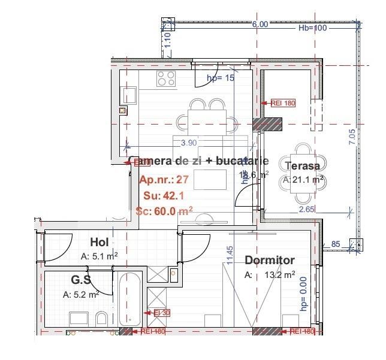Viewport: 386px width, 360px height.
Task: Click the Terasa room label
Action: coord(303,166)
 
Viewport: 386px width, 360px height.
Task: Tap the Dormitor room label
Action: coord(270,261)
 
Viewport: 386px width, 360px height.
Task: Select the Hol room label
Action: coord(99,242)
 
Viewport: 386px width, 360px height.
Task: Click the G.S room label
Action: coord(81,280)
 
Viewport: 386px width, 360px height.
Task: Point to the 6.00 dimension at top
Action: coord(260,25)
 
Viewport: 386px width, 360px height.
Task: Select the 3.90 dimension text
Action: coord(189,143)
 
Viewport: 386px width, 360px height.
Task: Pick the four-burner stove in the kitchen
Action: coord(166,78)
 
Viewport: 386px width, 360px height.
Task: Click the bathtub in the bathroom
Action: coord(129,300)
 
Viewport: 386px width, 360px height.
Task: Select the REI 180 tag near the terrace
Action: coord(283,103)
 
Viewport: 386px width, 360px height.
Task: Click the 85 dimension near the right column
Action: coord(336,244)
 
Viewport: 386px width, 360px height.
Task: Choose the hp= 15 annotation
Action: coord(220,78)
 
